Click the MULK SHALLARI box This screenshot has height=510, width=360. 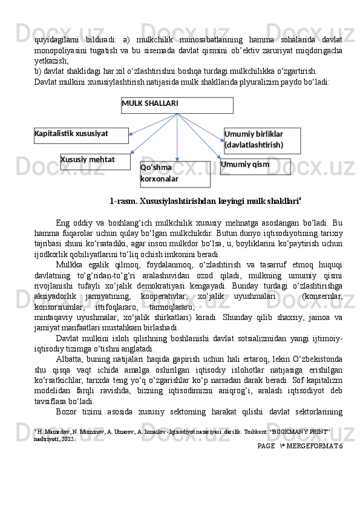coord(177,105)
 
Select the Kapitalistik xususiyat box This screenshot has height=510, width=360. coord(81,135)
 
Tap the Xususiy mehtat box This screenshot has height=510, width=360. coord(95,162)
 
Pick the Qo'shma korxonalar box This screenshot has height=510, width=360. coord(175,174)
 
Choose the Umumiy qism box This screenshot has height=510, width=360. coord(255,166)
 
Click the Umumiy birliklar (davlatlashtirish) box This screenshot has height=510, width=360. coord(261,140)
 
